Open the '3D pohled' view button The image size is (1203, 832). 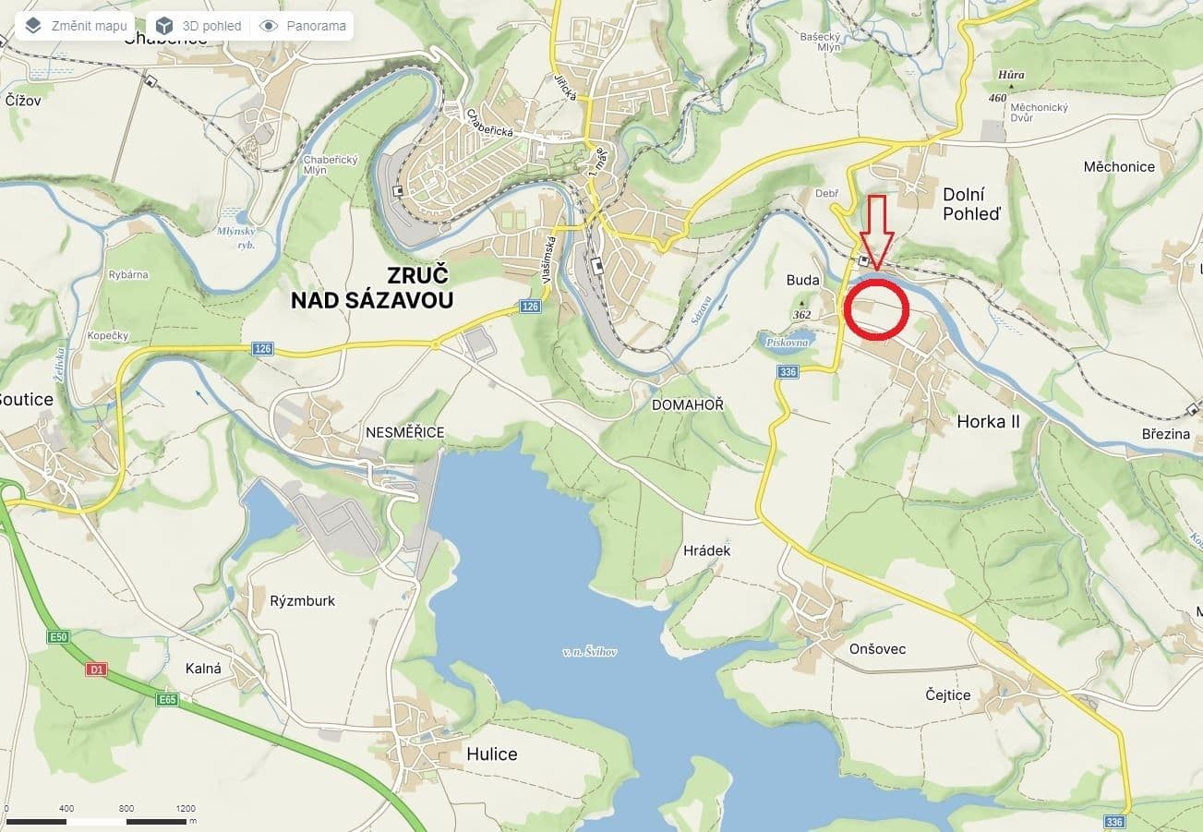click(x=198, y=26)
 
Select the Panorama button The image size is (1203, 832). click(x=304, y=26)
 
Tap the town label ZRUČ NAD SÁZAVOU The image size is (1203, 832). click(x=372, y=287)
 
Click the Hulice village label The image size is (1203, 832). click(x=491, y=754)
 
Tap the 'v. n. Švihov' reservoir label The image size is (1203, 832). click(x=589, y=652)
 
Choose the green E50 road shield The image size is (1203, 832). click(x=59, y=637)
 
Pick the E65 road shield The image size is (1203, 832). click(x=166, y=700)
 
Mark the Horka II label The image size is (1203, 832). click(x=988, y=422)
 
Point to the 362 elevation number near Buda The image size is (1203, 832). click(x=801, y=315)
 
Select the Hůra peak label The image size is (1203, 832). click(x=1011, y=76)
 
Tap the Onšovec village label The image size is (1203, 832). click(x=877, y=649)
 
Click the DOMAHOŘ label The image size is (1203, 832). click(x=688, y=404)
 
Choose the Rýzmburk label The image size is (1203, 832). click(x=303, y=601)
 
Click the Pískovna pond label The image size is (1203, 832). click(x=785, y=343)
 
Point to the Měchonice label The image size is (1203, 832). click(x=1119, y=167)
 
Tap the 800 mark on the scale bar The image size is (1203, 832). click(x=126, y=808)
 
